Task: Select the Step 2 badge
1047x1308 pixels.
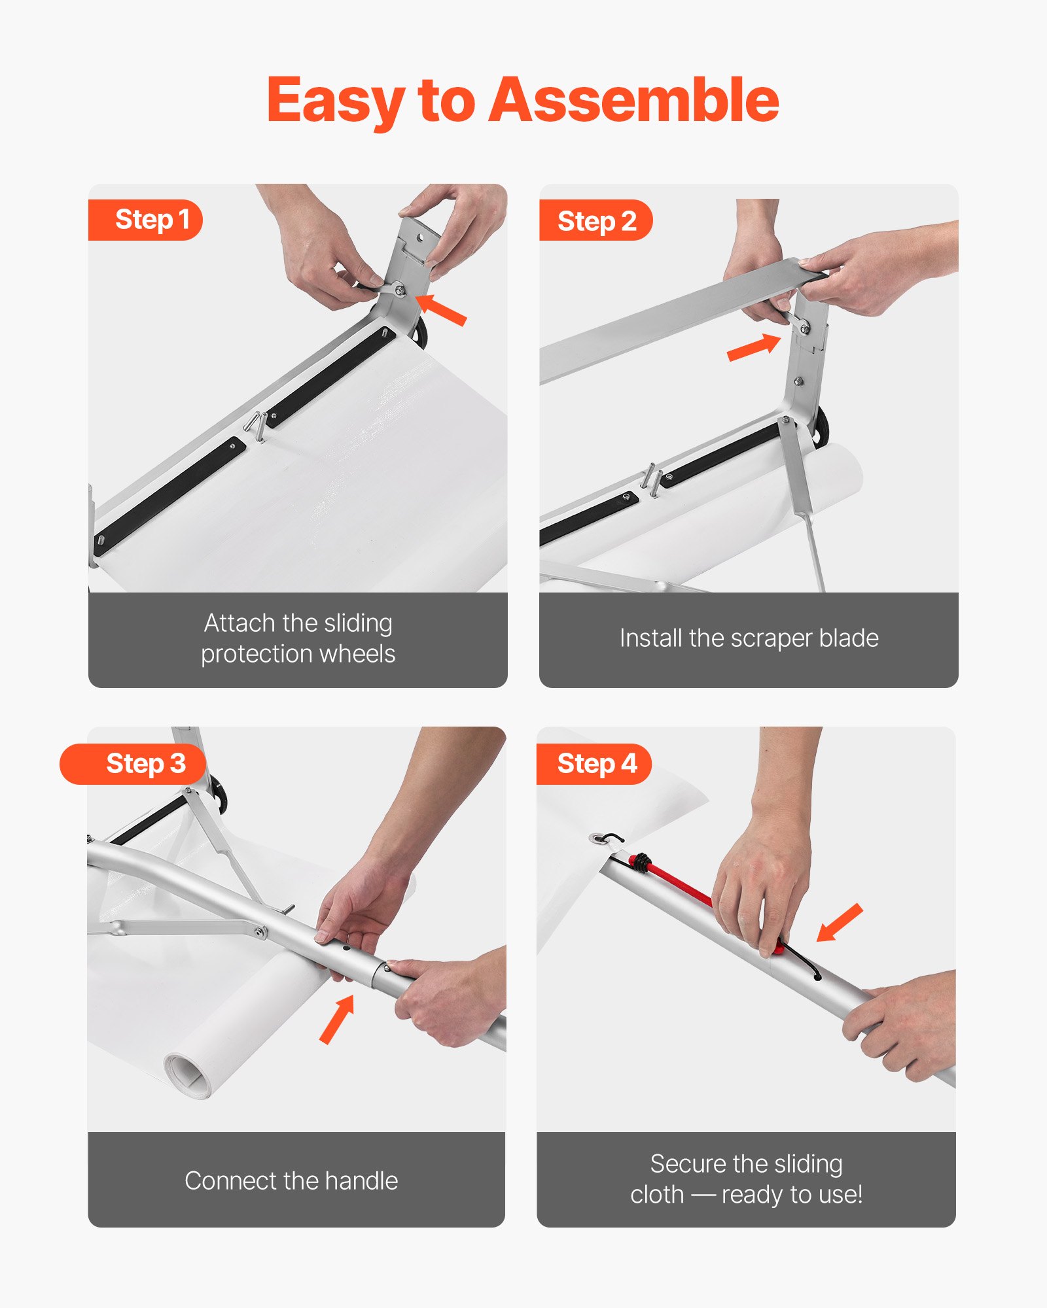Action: pos(595,221)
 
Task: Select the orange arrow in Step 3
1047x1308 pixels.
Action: pos(338,1019)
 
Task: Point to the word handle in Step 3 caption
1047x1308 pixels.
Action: pos(361,1181)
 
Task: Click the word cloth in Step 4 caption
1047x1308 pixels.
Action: pos(656,1196)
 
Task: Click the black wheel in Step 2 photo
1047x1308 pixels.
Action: pos(820,426)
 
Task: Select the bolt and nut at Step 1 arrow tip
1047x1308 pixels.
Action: pos(399,290)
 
